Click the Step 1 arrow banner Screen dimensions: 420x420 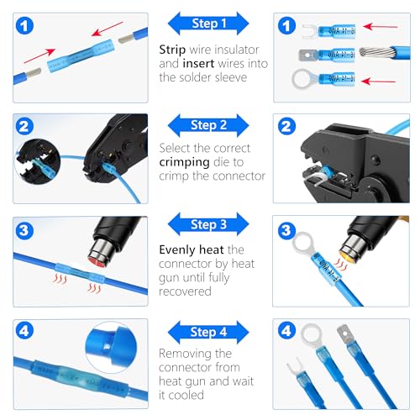(x=209, y=22)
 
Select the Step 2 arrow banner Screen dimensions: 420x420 (x=209, y=125)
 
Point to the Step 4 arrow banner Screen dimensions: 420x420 (x=209, y=330)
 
